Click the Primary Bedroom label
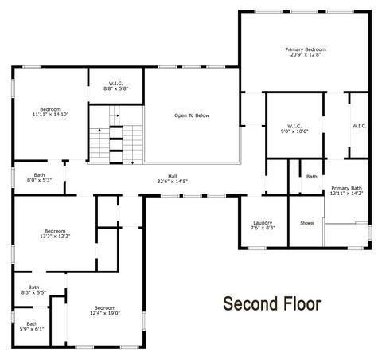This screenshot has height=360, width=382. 306,49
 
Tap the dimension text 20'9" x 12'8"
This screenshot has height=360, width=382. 306,55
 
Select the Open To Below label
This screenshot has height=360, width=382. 191,115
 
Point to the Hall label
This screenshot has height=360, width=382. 172,176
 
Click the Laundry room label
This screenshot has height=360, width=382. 263,222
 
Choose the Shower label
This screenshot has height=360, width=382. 307,223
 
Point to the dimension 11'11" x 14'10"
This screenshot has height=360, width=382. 51,115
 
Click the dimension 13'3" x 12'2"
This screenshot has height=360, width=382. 54,236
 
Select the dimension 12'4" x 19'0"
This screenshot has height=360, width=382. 106,313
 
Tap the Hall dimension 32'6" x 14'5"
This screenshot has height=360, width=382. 172,182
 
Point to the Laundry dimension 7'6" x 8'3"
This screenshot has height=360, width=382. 263,228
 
